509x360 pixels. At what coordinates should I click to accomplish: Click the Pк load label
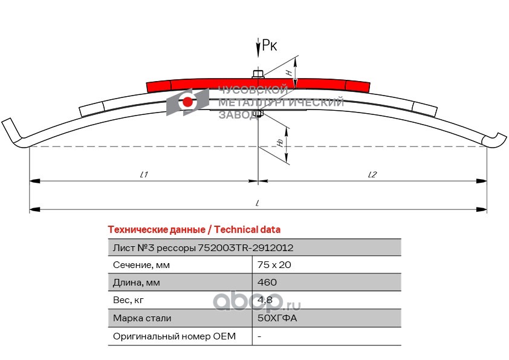[x=270, y=45]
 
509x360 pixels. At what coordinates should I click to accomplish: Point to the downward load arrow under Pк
[x=259, y=48]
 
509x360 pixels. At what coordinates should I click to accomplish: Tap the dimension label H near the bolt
[x=289, y=72]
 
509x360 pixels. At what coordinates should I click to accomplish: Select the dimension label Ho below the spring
[x=280, y=142]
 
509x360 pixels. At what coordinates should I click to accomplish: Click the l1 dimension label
[x=144, y=175]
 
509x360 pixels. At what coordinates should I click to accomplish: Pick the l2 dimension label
[x=372, y=175]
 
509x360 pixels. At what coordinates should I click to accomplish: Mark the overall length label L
[x=258, y=204]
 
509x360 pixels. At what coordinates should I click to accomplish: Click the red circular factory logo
[x=188, y=102]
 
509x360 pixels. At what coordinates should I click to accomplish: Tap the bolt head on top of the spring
[x=258, y=74]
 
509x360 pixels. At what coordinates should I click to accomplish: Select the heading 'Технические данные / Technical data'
[x=193, y=230]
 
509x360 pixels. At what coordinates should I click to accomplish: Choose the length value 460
[x=267, y=283]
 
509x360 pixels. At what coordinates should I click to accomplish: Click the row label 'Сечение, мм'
[x=141, y=265]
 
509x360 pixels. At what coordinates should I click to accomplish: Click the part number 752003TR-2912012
[x=247, y=247]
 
